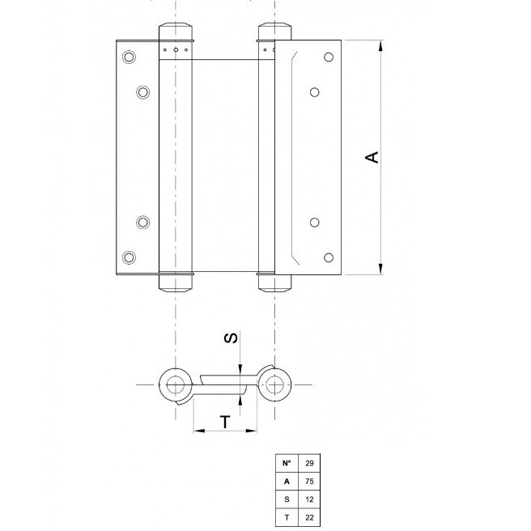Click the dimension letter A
[372, 157]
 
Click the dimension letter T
[226, 422]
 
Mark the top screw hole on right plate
[329, 57]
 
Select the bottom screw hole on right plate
[329, 257]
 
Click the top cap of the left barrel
[176, 32]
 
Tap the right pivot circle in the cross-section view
[275, 384]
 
